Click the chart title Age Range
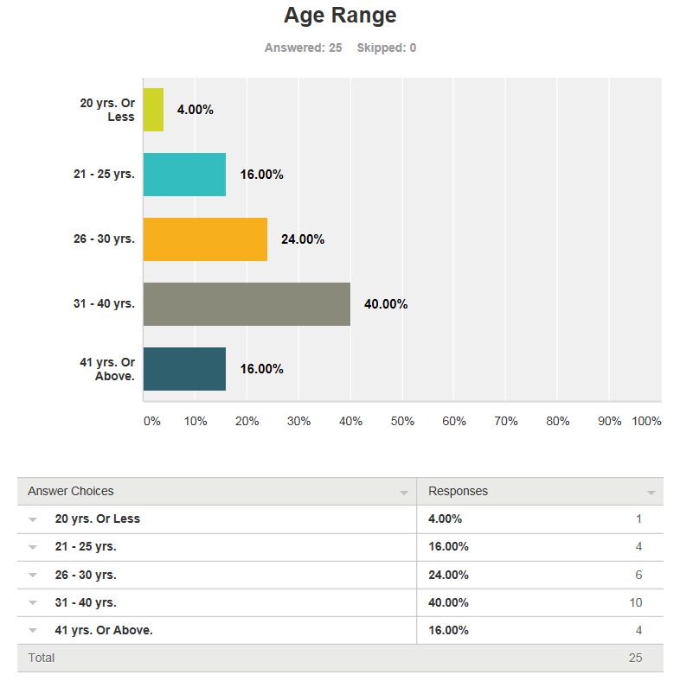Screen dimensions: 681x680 (x=340, y=16)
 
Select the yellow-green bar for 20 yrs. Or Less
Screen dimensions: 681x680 (x=153, y=110)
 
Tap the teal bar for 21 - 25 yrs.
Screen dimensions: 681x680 (x=184, y=175)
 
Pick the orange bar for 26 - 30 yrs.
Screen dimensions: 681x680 (x=205, y=239)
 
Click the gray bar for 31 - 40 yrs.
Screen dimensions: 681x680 (x=247, y=304)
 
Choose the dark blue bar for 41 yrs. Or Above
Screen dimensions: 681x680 (x=184, y=369)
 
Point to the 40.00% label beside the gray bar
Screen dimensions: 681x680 (x=386, y=304)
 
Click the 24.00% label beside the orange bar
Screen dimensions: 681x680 (x=303, y=239)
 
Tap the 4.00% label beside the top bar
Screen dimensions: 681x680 (x=195, y=110)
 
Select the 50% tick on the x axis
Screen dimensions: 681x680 (x=402, y=421)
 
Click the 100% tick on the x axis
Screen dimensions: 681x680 (x=646, y=421)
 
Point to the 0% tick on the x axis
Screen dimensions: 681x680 (x=151, y=421)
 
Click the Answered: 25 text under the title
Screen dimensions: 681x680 (x=303, y=48)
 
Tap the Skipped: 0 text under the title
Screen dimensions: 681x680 (x=386, y=48)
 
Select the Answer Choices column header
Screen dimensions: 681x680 (x=71, y=491)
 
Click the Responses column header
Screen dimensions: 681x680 (x=459, y=491)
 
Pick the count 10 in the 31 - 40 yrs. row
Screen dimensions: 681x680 (x=635, y=602)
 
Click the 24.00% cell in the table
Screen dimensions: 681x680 (x=448, y=575)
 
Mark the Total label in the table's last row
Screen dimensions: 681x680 (x=42, y=658)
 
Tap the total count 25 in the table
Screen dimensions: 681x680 (x=635, y=658)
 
